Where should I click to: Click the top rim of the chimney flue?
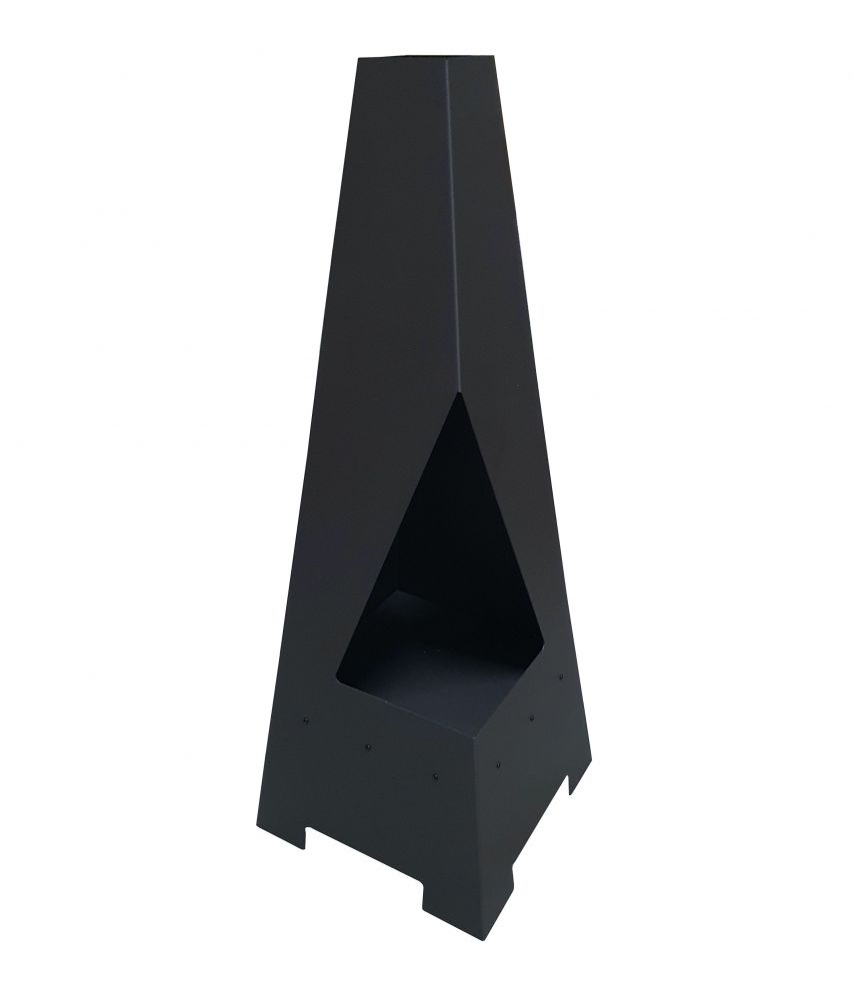pos(400,57)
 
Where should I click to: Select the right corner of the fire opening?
pos(547,639)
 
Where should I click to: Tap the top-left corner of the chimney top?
pos(358,58)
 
